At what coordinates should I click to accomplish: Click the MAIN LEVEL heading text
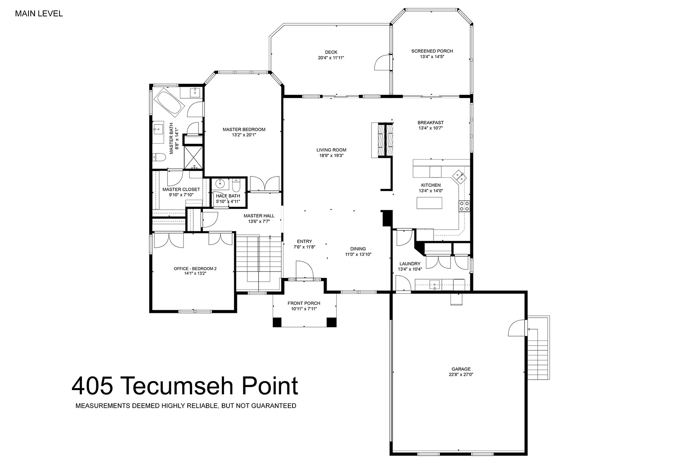[39, 14]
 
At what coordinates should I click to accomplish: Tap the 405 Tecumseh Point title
[185, 386]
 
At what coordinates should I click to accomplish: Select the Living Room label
[331, 150]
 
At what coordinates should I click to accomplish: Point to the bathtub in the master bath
[169, 102]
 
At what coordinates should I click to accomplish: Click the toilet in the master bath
[159, 157]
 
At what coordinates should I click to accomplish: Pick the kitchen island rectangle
[429, 203]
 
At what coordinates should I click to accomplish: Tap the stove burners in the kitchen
[464, 206]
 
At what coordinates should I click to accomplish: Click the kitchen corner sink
[460, 177]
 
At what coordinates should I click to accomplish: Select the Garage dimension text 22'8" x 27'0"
[461, 375]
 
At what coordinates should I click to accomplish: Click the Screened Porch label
[432, 51]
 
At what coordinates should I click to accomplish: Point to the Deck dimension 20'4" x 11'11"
[331, 58]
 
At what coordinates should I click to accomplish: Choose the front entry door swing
[304, 269]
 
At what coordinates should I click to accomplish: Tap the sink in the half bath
[222, 183]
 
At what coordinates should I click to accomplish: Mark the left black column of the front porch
[277, 322]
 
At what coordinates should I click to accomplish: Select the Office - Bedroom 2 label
[195, 268]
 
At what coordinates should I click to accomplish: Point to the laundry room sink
[435, 285]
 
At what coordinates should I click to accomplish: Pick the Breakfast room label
[431, 123]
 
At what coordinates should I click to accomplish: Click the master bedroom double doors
[264, 183]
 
